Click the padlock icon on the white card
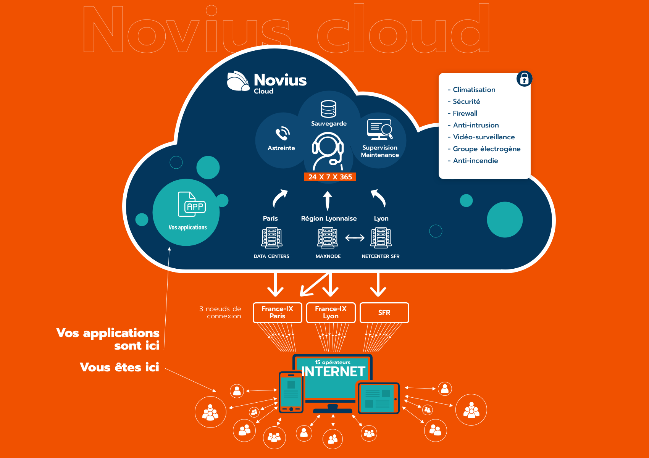pos(524,79)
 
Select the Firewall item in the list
pos(465,113)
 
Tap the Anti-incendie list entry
pos(475,160)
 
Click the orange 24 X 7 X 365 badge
pos(330,177)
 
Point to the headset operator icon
pos(328,151)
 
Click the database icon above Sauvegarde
pos(329,109)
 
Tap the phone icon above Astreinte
pos(283,134)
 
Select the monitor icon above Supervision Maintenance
pos(380,129)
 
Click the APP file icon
pos(192,204)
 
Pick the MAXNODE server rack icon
pos(328,238)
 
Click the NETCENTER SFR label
pos(380,256)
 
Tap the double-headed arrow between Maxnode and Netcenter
pos(355,238)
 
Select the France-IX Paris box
pos(277,313)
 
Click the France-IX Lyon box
pos(331,313)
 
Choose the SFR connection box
pos(384,313)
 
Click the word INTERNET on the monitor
pos(333,372)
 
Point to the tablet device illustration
pos(378,398)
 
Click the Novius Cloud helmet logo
pos(238,81)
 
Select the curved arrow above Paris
pos(279,198)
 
